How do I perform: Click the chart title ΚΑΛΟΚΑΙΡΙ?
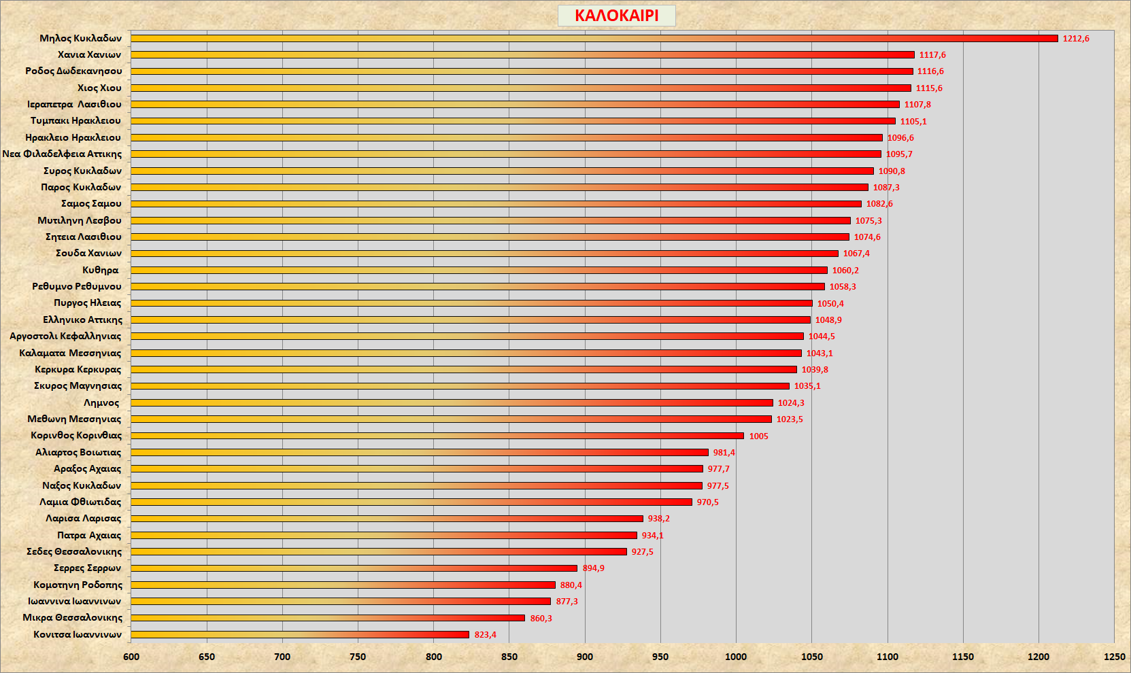616,16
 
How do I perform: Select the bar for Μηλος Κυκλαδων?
594,38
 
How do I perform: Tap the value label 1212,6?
1076,39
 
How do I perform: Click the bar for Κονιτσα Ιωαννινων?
300,634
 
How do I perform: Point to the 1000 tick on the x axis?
736,657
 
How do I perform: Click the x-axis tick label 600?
131,657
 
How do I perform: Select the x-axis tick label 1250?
1114,657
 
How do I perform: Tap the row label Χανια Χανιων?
89,54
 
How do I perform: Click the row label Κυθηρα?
101,270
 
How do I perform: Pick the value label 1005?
758,436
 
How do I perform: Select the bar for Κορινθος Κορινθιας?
437,436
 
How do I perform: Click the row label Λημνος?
101,402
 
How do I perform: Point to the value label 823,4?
485,635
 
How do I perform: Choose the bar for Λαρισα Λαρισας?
387,519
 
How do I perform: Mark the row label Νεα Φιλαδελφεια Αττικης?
62,154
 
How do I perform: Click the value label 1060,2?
845,271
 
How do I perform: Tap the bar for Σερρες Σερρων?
354,568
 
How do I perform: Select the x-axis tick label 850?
509,657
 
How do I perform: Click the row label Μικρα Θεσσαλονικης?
73,617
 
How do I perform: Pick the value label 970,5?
707,502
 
